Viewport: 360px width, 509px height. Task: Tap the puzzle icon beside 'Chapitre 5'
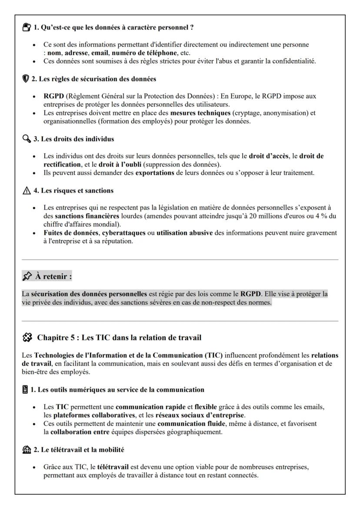[x=27, y=337]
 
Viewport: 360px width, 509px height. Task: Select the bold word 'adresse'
[x=76, y=53]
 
